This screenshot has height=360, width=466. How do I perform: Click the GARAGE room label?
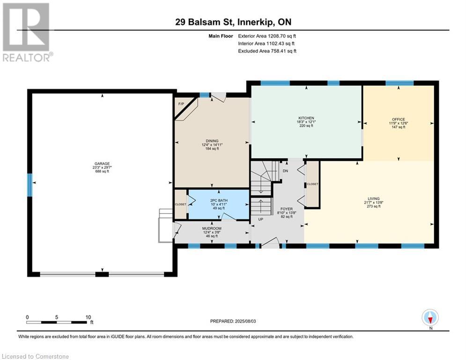[102, 164]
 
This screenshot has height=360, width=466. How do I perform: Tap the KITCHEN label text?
[306, 118]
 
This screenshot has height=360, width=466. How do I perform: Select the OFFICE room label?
[398, 120]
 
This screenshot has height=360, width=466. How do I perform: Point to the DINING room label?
[212, 141]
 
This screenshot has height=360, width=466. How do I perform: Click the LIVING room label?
[374, 199]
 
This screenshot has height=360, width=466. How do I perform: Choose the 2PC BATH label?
[219, 201]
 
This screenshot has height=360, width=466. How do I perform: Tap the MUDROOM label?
[212, 228]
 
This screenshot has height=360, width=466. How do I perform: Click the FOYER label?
[287, 209]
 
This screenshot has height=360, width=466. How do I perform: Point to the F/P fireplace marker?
[181, 104]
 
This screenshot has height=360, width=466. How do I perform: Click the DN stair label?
[285, 171]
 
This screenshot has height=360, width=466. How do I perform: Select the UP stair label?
[261, 219]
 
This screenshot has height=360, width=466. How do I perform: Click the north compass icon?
[430, 317]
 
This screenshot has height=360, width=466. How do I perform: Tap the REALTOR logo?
[27, 32]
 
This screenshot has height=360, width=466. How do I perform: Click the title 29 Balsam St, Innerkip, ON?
[233, 22]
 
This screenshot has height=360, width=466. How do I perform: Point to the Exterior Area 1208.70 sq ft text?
[267, 36]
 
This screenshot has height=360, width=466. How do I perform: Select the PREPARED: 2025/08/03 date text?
[233, 321]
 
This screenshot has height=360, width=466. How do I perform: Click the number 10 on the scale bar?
[88, 317]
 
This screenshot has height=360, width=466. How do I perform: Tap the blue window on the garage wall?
[30, 185]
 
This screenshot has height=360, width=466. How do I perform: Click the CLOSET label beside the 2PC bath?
[180, 204]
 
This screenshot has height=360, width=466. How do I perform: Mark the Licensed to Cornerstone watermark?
[35, 356]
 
